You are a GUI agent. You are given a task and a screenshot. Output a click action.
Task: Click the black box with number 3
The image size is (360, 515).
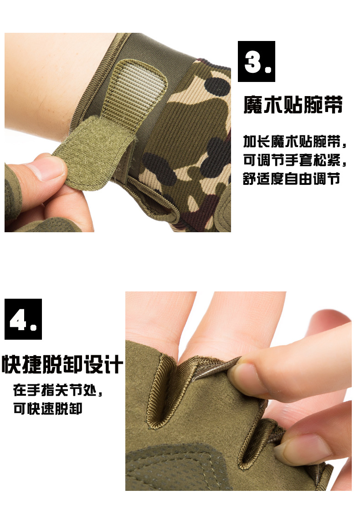(x=257, y=61)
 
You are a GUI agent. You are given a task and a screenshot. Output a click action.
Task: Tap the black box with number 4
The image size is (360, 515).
(x=23, y=319)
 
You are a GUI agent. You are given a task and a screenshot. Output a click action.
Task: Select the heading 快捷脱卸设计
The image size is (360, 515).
(x=62, y=364)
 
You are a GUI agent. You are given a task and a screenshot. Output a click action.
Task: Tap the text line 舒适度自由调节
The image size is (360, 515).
(x=291, y=179)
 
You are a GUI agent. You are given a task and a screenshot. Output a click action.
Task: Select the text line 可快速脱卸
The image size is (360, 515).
(x=48, y=408)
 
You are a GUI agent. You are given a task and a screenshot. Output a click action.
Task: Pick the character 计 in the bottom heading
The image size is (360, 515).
(x=113, y=364)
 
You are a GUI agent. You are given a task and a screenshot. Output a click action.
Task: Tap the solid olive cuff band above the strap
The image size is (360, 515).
(x=154, y=49)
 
